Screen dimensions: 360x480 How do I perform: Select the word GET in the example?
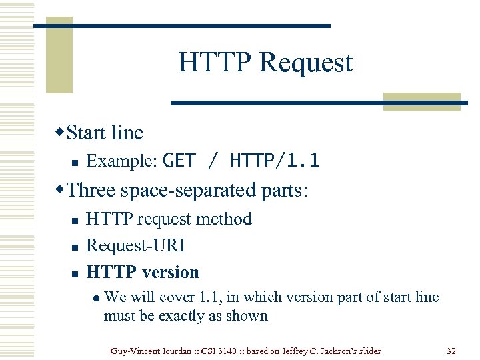pyautogui.click(x=179, y=161)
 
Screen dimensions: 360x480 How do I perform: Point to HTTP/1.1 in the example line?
pyautogui.click(x=275, y=161)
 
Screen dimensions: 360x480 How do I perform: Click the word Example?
pyautogui.click(x=122, y=161)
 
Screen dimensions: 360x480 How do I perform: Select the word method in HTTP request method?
pyautogui.click(x=227, y=219)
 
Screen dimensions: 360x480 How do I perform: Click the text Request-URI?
pyautogui.click(x=135, y=246)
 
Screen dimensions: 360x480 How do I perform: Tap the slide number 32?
pyautogui.click(x=451, y=351)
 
